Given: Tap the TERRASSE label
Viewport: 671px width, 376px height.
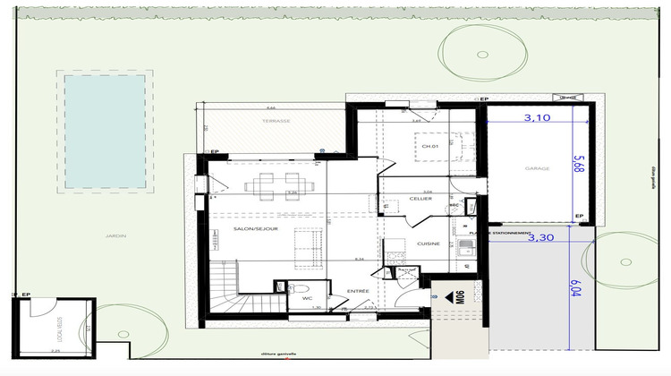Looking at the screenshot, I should [275, 119].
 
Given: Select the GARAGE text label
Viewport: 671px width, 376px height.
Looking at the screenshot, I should [538, 167].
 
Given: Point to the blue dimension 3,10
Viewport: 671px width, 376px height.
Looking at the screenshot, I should [537, 116].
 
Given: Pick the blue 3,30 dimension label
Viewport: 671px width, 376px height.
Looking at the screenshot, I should [539, 238].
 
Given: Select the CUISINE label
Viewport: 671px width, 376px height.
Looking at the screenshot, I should [428, 244].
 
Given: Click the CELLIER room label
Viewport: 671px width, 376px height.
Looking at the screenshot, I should [420, 198].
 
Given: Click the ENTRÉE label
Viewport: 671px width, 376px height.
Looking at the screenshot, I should [358, 292].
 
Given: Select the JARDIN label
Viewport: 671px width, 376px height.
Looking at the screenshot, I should [114, 236].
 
